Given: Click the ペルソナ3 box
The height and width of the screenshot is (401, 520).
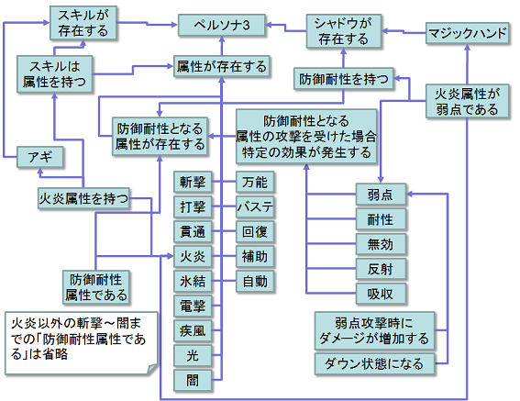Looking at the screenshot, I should pyautogui.click(x=222, y=28).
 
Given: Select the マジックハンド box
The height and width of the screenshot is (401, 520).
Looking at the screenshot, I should pyautogui.click(x=468, y=35).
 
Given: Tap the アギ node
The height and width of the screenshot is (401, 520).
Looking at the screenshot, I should pyautogui.click(x=40, y=158).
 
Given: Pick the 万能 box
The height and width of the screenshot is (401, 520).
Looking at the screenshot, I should pyautogui.click(x=255, y=181).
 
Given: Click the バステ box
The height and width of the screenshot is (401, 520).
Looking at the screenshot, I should pyautogui.click(x=255, y=206).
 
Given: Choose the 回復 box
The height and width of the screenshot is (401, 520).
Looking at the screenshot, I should pyautogui.click(x=255, y=230).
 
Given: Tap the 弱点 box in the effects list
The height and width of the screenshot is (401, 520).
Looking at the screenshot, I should pyautogui.click(x=380, y=195).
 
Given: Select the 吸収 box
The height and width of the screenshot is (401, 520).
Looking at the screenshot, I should pyautogui.click(x=380, y=294).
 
